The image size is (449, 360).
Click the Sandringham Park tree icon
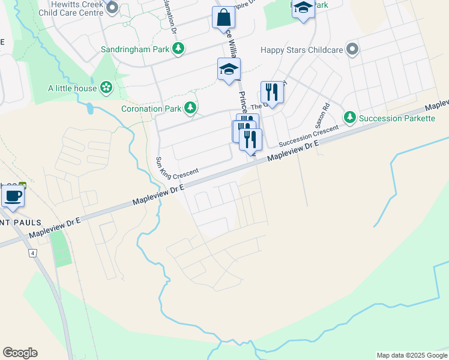pos(178,49)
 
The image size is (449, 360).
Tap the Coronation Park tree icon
pos(190,108)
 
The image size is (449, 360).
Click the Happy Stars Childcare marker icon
pos(352,49)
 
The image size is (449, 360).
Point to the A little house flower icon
pos(106,88)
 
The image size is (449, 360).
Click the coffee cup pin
pos(13,196)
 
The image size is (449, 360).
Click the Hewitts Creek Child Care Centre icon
pos(112,8)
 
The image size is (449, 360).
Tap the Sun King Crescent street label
pos(176,166)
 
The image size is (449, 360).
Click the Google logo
pos(20,353)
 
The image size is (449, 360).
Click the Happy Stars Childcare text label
pos(301,50)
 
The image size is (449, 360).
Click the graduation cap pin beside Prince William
pos(229,70)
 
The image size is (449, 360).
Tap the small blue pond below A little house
pos(89,108)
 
